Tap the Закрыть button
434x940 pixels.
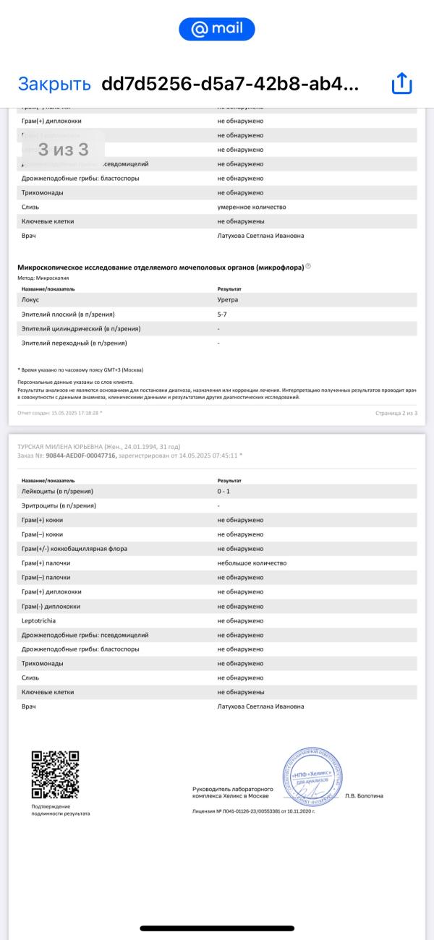coord(54,84)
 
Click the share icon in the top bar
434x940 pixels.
coord(401,84)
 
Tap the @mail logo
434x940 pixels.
coord(217,29)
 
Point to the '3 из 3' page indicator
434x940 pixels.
coord(63,150)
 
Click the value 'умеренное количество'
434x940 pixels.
coord(252,207)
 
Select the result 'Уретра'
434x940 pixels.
coord(228,299)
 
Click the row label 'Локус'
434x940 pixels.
coord(30,299)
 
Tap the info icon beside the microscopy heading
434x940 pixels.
coord(308,267)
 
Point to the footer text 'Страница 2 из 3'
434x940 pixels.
coord(396,413)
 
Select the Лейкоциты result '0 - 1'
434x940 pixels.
coord(225,491)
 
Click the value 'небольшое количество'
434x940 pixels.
coord(252,563)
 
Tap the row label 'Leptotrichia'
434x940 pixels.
coord(39,620)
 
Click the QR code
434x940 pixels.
coord(55,774)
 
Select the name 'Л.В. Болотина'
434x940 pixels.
coord(364,796)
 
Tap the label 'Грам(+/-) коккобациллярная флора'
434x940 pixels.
coord(75,549)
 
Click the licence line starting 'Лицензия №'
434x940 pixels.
coord(254,811)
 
